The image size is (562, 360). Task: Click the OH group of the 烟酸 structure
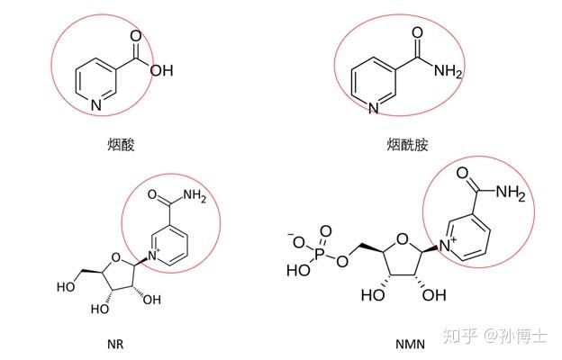click(161, 70)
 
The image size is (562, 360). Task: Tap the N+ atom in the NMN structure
click(453, 240)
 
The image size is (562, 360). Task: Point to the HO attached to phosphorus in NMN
click(295, 268)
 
